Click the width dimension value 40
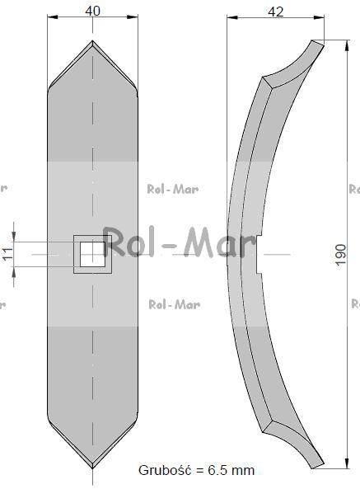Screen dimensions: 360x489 pos(92,11)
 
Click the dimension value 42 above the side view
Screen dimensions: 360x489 pos(276,12)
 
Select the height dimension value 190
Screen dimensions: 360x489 pos(341,254)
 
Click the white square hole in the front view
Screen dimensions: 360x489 pos(92,254)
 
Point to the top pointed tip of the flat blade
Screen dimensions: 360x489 pos(92,40)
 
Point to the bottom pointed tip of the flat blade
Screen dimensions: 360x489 pos(92,468)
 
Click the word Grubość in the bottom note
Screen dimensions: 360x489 pos(165,470)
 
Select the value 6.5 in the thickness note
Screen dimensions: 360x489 pos(216,470)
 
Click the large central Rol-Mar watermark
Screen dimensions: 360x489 pos(180,243)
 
